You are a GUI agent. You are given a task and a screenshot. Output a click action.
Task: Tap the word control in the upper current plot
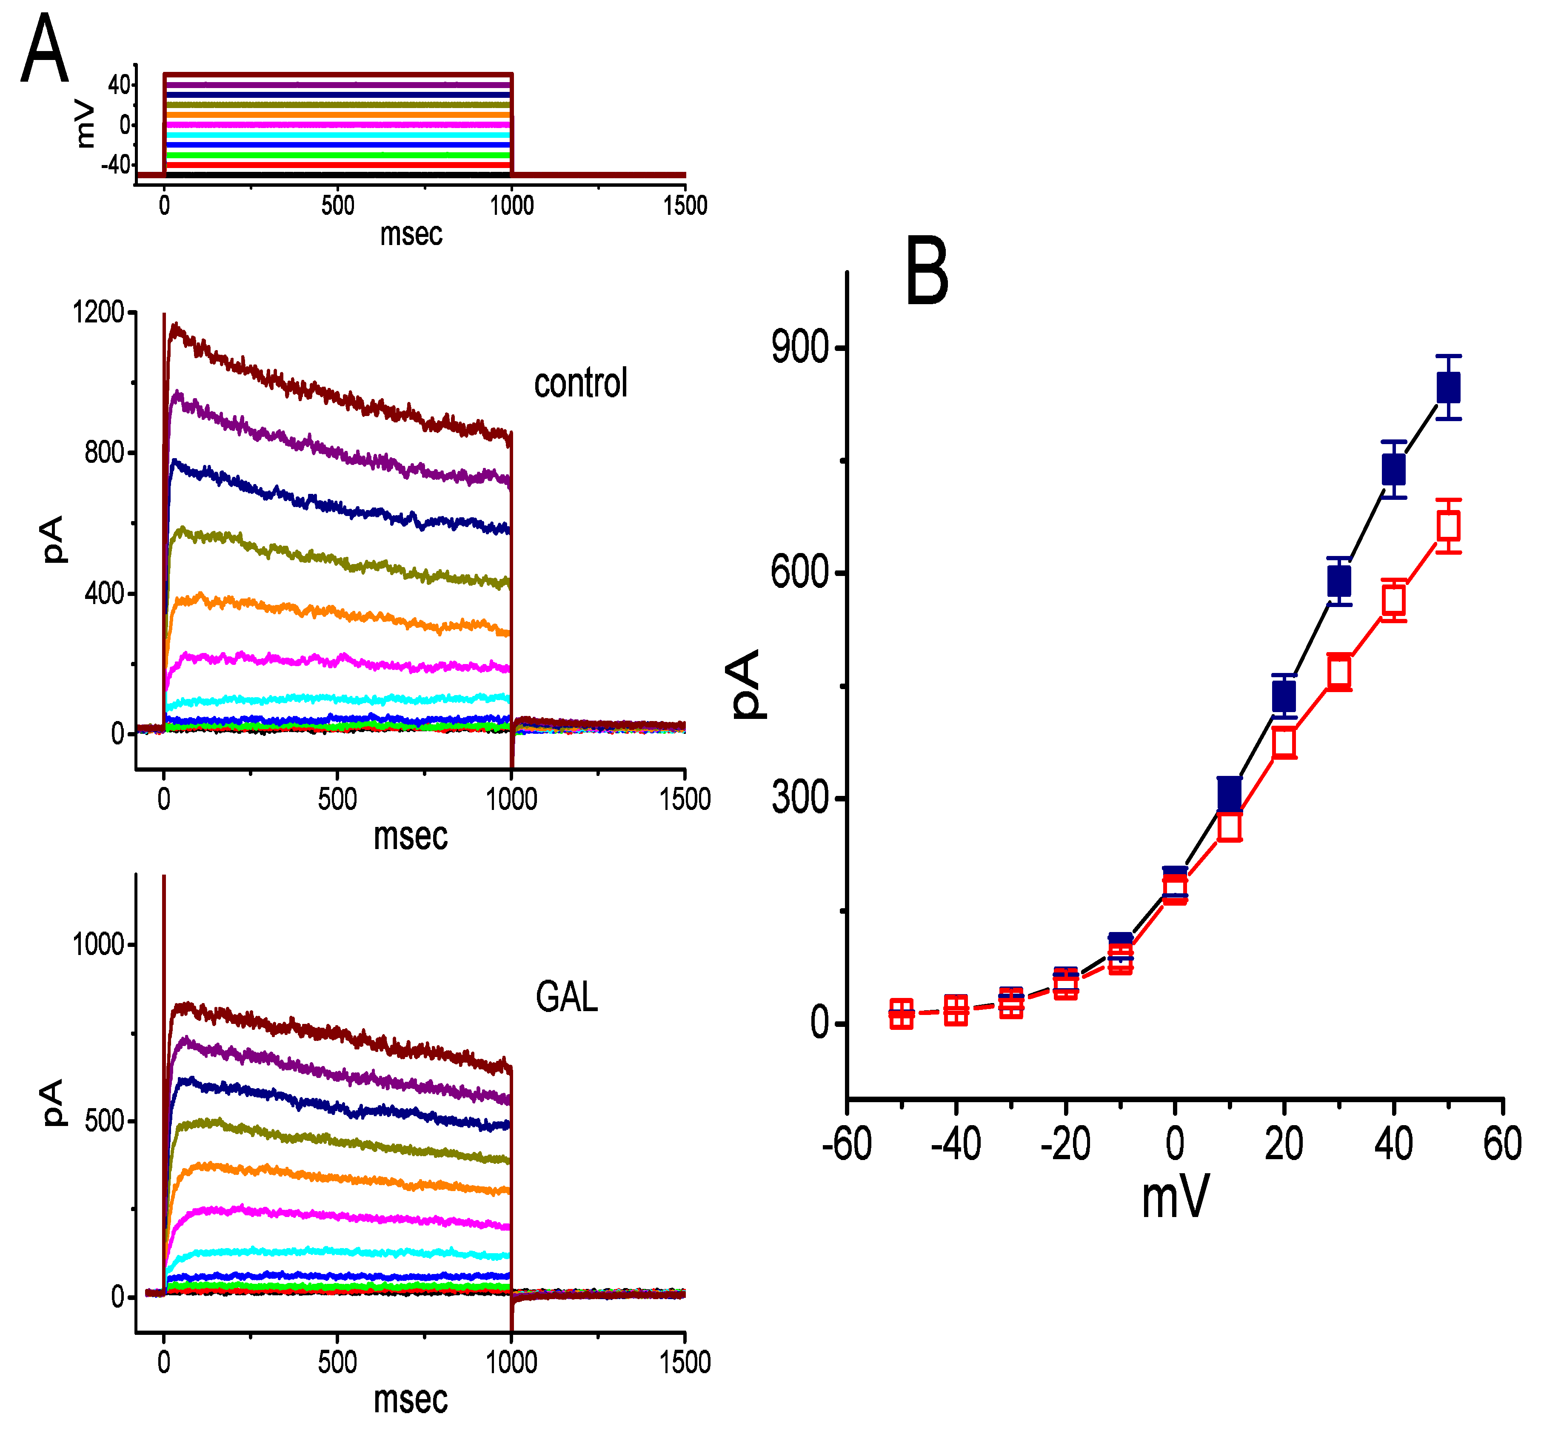click(x=580, y=383)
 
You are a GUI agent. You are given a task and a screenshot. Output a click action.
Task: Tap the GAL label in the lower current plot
click(x=566, y=997)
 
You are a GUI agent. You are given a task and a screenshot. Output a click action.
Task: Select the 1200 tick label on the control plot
click(x=98, y=312)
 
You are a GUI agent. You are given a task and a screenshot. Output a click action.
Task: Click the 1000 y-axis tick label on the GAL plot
click(x=98, y=945)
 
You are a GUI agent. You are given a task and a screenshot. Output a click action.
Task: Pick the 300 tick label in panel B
click(x=800, y=798)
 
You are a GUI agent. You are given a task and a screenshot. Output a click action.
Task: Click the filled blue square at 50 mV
click(x=1448, y=387)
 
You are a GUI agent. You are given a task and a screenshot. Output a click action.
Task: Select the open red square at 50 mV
click(x=1448, y=526)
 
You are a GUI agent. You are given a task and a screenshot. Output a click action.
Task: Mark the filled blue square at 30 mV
click(x=1339, y=581)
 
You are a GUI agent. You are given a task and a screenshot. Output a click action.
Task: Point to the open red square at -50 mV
click(x=901, y=1014)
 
